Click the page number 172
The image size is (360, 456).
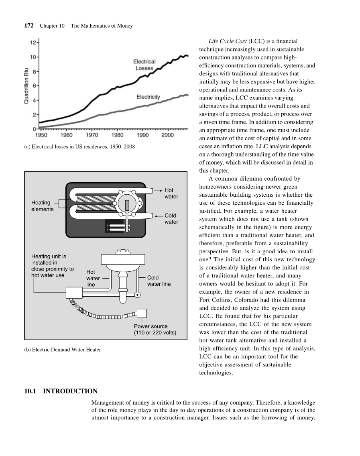click(x=28, y=26)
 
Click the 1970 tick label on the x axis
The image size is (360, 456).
click(x=92, y=135)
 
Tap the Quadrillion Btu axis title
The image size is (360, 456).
click(x=27, y=85)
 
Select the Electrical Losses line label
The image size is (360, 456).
click(x=144, y=65)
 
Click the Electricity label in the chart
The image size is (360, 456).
click(x=148, y=97)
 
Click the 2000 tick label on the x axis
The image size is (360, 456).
click(x=167, y=135)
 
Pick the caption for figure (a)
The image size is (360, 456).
click(x=79, y=147)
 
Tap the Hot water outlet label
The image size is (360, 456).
click(x=171, y=193)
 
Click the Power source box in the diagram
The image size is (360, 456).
click(x=142, y=313)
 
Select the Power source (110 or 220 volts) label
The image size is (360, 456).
click(x=155, y=329)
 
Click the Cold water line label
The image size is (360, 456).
click(x=159, y=281)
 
